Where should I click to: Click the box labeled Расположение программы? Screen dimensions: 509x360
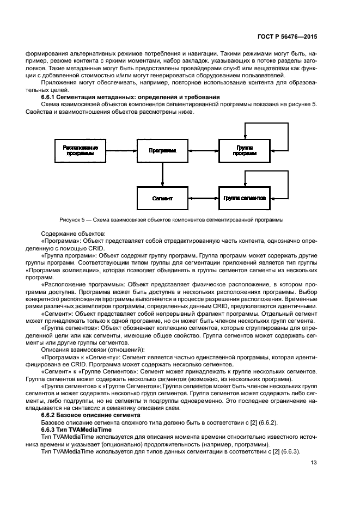(x=80, y=150)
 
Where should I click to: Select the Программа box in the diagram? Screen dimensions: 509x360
(x=162, y=150)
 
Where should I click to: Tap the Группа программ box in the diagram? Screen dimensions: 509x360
(x=245, y=150)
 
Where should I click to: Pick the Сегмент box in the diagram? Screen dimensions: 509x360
(x=162, y=198)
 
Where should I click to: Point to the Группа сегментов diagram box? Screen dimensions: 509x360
(x=245, y=198)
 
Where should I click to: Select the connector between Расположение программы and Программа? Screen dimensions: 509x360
(x=121, y=150)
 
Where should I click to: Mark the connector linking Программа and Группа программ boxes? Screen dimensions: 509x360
(x=203, y=150)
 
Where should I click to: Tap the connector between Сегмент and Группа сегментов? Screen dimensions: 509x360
(x=203, y=198)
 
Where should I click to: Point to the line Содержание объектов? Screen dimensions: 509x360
(x=69, y=232)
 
